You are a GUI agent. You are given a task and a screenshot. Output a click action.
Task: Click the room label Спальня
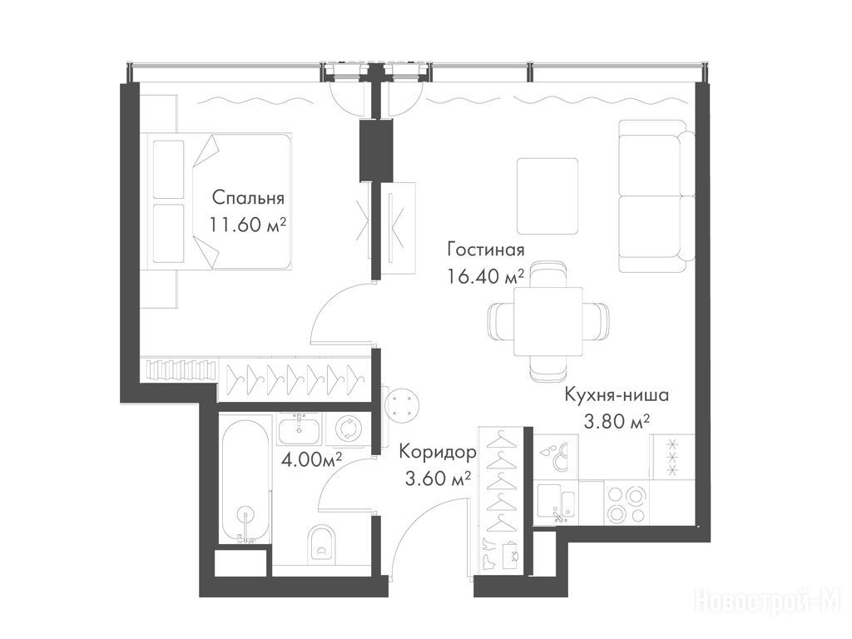[x=248, y=198]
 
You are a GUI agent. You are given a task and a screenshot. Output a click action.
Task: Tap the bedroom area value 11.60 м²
[x=248, y=224]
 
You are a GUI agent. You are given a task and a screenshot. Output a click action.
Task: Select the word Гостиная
[x=486, y=250]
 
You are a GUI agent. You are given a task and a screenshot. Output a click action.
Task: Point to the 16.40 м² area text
[x=486, y=276]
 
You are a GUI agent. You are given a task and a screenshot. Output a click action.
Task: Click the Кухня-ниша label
[x=617, y=394]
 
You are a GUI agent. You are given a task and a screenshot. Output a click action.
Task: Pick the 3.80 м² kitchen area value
[x=617, y=421]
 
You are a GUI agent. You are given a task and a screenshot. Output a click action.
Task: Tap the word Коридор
[x=438, y=452]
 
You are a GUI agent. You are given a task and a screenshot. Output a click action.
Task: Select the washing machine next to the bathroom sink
[x=346, y=428]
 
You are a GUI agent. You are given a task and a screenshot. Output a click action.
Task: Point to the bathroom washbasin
[x=300, y=428]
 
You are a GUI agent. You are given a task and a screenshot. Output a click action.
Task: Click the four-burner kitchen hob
[x=626, y=503]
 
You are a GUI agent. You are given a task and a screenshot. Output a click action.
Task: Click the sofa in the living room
[x=656, y=196]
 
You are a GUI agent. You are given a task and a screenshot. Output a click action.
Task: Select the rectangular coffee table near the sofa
[x=547, y=196]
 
